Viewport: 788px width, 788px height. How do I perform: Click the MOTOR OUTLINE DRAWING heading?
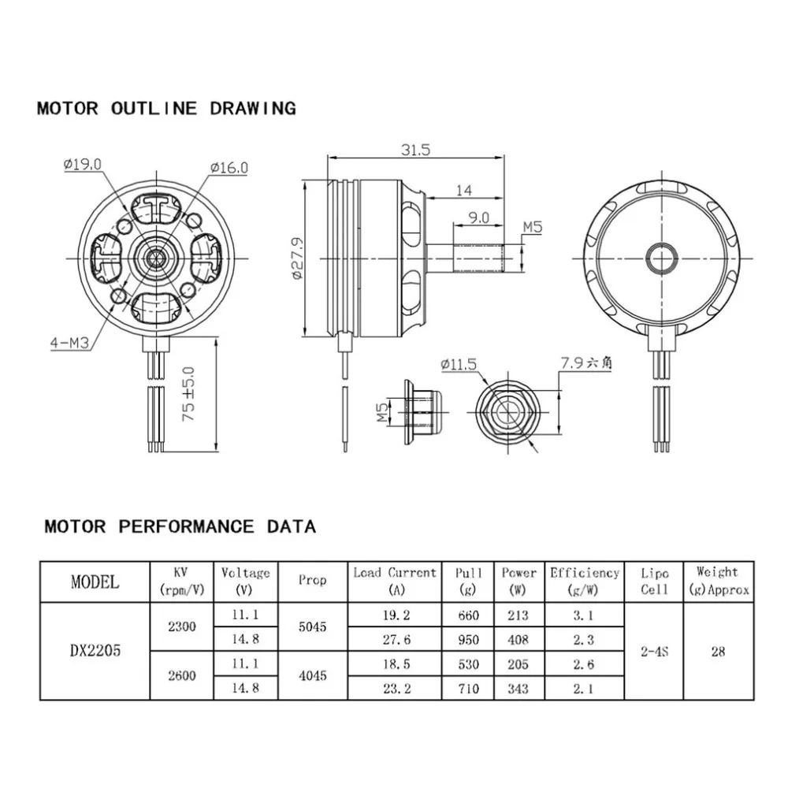[166, 109]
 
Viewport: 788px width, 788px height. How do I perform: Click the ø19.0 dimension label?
[82, 164]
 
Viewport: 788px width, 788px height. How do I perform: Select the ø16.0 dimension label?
[229, 167]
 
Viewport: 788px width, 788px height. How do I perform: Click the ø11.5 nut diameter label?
[459, 365]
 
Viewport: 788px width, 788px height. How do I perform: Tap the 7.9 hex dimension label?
[587, 363]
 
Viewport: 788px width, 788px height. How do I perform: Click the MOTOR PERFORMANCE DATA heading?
[180, 526]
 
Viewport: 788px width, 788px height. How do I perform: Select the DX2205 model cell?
[95, 652]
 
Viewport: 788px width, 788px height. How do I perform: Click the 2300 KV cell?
[182, 627]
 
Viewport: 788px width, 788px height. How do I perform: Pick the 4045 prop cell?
[313, 675]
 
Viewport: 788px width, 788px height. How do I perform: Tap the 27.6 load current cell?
[394, 640]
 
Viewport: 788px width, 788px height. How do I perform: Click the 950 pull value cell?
[467, 640]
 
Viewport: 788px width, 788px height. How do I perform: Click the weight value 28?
[717, 652]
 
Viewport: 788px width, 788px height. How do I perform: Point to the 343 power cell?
[519, 689]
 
